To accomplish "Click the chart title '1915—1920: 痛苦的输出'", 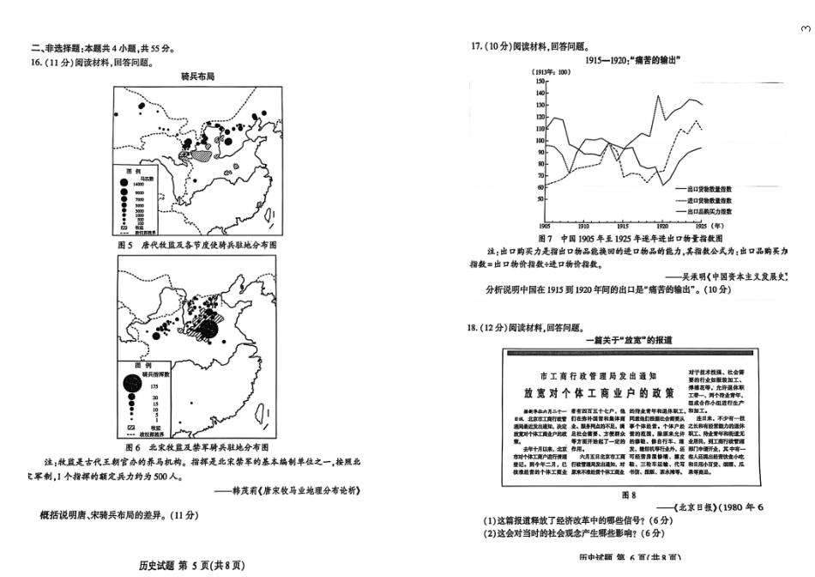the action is point(633,60).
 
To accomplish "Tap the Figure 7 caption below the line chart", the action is point(630,237).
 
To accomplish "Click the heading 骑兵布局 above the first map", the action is point(197,76).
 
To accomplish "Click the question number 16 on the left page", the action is point(36,62).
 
